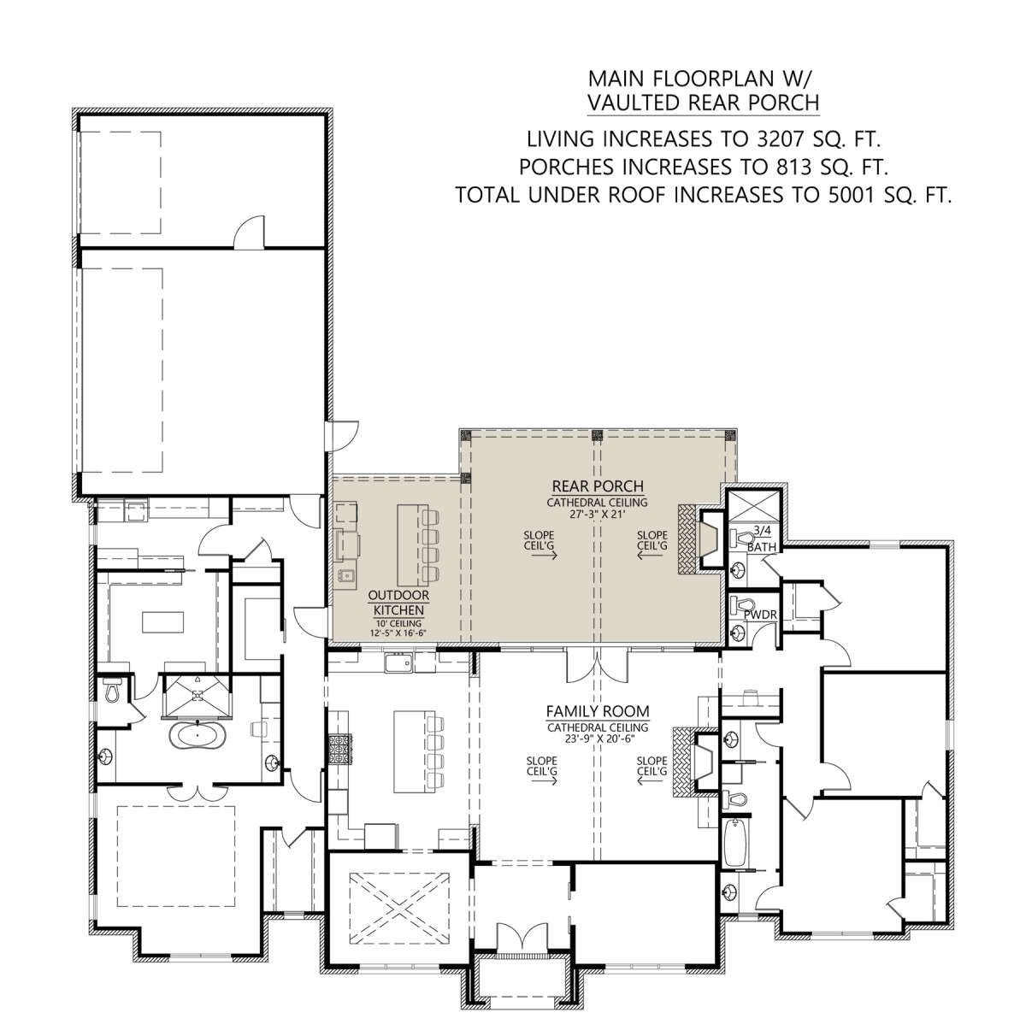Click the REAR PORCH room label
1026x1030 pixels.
598,486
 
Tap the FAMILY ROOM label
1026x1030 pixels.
598,711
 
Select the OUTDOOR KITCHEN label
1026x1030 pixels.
398,603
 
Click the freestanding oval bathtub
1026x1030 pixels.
198,735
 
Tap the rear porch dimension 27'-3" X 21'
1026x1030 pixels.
597,515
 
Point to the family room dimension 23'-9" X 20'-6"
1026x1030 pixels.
597,739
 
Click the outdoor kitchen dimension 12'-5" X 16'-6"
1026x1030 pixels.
398,633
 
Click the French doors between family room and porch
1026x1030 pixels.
597,667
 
